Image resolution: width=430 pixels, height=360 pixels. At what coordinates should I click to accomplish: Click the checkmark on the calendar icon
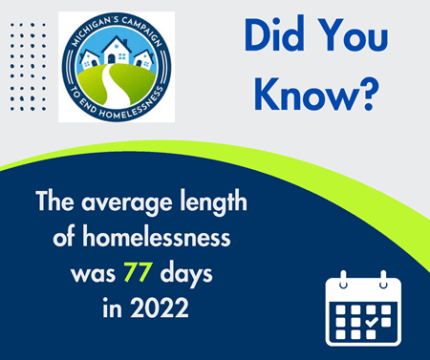371,323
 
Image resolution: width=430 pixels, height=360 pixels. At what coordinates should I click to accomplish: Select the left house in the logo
92,62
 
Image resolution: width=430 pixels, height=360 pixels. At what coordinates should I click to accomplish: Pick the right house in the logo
143,60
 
